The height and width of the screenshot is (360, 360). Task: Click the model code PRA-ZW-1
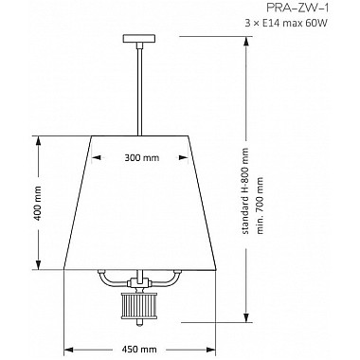[x=297, y=9]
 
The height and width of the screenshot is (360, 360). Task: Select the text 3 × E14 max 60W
[x=286, y=23]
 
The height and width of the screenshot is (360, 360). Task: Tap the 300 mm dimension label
[x=141, y=157]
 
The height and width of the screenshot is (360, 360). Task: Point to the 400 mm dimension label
[x=38, y=204]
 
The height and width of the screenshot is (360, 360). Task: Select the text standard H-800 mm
[x=245, y=191]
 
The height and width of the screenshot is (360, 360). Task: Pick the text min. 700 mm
[x=260, y=206]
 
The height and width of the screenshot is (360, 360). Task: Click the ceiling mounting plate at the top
[x=139, y=39]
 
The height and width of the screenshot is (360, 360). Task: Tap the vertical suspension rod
[x=139, y=90]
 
